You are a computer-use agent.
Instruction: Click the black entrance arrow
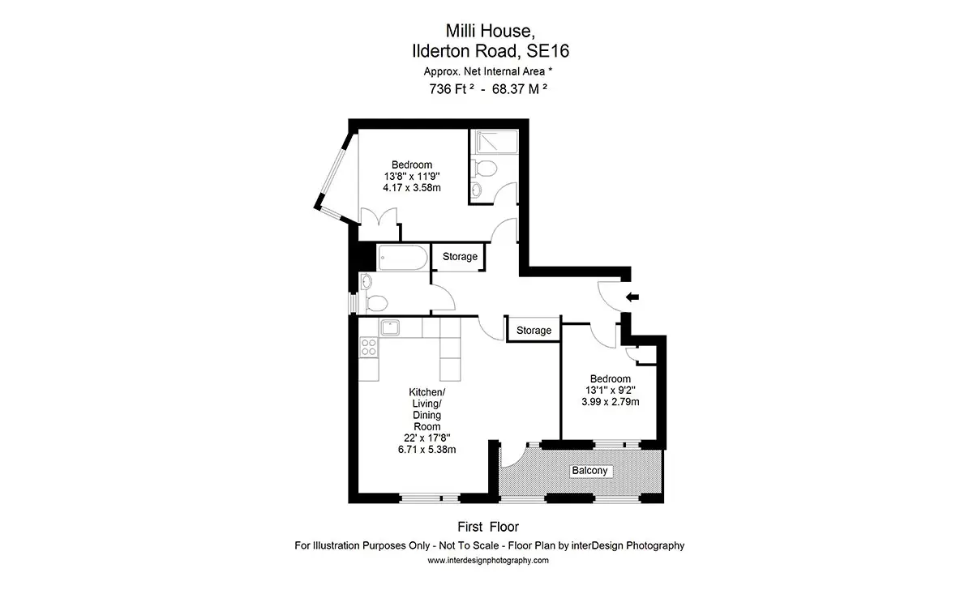632,297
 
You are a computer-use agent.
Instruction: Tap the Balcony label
589,471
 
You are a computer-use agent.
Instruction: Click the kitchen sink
390,327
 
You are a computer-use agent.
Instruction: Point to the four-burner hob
368,348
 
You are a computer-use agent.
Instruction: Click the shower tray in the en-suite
497,142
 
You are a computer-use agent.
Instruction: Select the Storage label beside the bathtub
460,257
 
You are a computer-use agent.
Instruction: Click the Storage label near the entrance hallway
534,331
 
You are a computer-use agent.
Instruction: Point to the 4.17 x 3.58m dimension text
412,188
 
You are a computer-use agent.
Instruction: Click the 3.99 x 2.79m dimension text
611,402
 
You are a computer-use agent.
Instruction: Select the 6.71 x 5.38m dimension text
427,450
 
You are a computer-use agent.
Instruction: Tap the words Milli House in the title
490,31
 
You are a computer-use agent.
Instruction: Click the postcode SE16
548,51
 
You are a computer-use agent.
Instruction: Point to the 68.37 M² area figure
520,88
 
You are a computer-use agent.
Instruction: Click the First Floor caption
488,527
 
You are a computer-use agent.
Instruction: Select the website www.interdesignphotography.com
488,561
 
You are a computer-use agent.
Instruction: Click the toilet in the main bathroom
375,304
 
